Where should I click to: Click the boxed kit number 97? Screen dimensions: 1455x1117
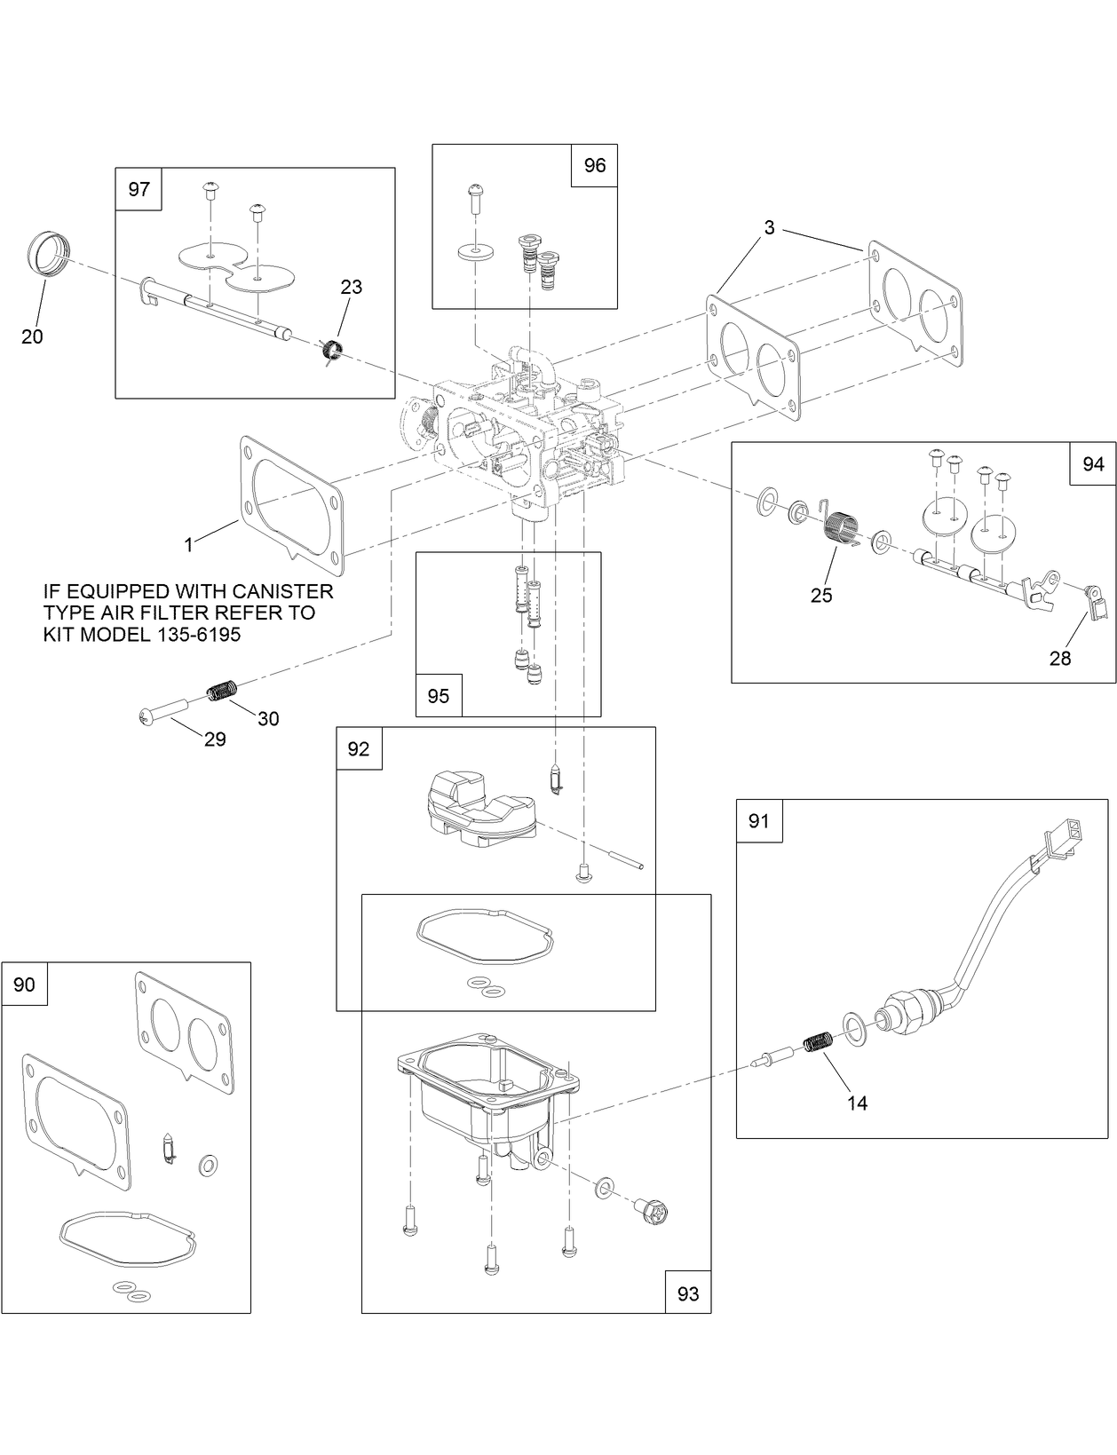(x=139, y=189)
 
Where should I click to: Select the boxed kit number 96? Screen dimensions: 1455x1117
(x=594, y=165)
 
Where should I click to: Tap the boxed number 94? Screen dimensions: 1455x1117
(x=1093, y=463)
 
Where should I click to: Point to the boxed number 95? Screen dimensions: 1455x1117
(x=439, y=695)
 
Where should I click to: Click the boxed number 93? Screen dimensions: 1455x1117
(x=688, y=1293)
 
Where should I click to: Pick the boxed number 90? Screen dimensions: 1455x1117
(x=25, y=984)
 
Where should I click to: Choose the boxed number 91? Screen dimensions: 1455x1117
(x=759, y=821)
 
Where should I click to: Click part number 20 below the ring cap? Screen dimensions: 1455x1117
(x=32, y=336)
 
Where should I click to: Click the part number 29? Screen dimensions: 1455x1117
(x=215, y=739)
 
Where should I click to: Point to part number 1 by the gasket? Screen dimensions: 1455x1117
(x=188, y=544)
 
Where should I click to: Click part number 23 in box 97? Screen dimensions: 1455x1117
(x=352, y=287)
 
